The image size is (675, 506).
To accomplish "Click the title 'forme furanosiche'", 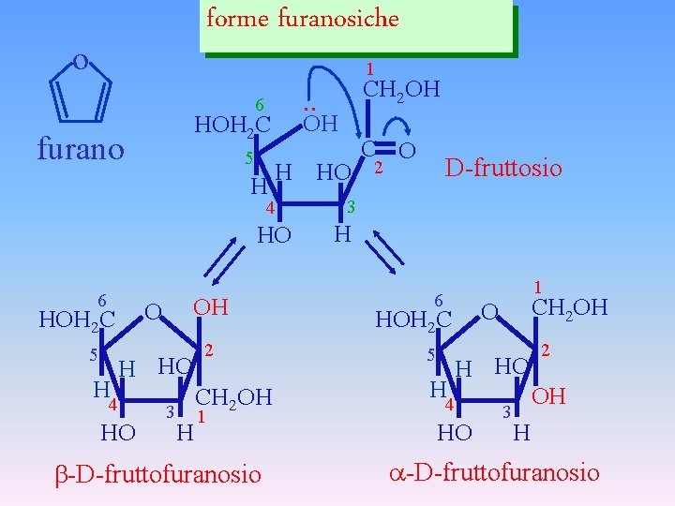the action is (302, 19).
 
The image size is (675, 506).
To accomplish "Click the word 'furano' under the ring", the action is (80, 149).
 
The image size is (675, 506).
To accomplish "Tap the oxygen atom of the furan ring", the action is (81, 63).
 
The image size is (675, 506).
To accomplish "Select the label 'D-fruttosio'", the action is (503, 168).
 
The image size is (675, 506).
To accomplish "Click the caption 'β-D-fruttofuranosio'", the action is (155, 474).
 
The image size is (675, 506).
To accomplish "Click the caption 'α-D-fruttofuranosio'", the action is (494, 472).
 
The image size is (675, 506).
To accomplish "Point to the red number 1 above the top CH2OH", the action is (371, 68).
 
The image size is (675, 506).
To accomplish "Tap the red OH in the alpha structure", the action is (548, 396).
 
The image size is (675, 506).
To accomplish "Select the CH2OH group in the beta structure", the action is (233, 397).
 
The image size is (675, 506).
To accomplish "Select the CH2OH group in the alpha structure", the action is (569, 307).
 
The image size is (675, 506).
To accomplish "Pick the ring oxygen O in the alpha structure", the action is (488, 311).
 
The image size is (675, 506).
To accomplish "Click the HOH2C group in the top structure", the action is (232, 125).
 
